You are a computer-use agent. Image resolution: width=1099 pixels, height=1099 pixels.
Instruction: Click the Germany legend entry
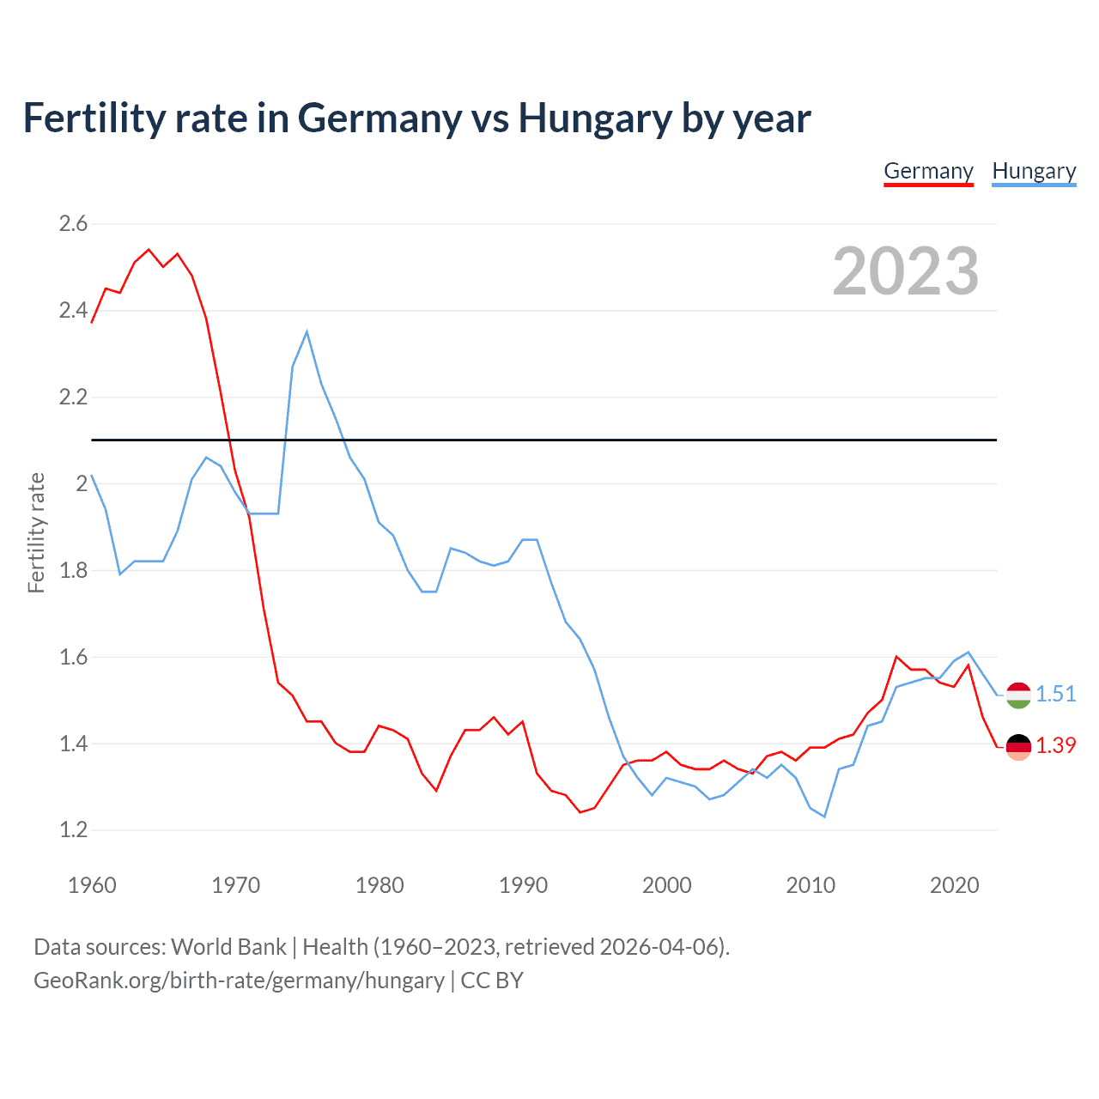pyautogui.click(x=928, y=171)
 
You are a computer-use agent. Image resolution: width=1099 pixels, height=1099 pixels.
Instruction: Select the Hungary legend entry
pyautogui.click(x=1034, y=171)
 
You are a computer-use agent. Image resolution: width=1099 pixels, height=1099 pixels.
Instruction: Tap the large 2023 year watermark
pyautogui.click(x=906, y=271)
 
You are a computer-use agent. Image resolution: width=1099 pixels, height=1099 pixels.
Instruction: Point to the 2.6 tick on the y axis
pyautogui.click(x=73, y=224)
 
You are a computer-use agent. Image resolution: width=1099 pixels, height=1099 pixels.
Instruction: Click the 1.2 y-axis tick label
pyautogui.click(x=73, y=830)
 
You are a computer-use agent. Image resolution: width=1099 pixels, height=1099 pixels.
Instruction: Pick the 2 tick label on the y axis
pyautogui.click(x=82, y=484)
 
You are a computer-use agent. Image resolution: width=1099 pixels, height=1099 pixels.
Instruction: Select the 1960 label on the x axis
pyautogui.click(x=92, y=885)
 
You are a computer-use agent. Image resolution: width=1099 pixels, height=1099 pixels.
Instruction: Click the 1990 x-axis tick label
pyautogui.click(x=523, y=885)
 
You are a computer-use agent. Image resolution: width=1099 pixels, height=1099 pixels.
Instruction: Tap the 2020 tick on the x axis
pyautogui.click(x=954, y=885)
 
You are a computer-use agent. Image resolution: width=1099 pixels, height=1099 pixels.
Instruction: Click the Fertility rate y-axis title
pyautogui.click(x=36, y=532)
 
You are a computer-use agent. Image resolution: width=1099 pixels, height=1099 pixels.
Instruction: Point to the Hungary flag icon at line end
pyautogui.click(x=1018, y=695)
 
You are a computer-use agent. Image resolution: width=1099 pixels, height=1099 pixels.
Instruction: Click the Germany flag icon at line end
pyautogui.click(x=1018, y=747)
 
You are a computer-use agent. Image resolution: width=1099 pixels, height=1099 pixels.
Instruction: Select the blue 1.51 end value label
pyautogui.click(x=1056, y=694)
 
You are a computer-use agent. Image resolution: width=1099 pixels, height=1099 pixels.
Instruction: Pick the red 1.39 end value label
pyautogui.click(x=1056, y=746)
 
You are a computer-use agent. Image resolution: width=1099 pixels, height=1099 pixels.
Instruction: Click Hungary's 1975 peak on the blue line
pyautogui.click(x=307, y=331)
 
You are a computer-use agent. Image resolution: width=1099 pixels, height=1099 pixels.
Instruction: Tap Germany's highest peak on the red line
pyautogui.click(x=149, y=250)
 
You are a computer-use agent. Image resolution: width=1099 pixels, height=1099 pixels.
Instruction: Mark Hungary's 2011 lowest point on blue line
pyautogui.click(x=824, y=817)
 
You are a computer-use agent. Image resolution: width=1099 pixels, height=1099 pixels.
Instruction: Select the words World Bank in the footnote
pyautogui.click(x=228, y=947)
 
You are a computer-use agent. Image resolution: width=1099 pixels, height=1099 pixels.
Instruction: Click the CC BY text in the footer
pyautogui.click(x=492, y=981)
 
